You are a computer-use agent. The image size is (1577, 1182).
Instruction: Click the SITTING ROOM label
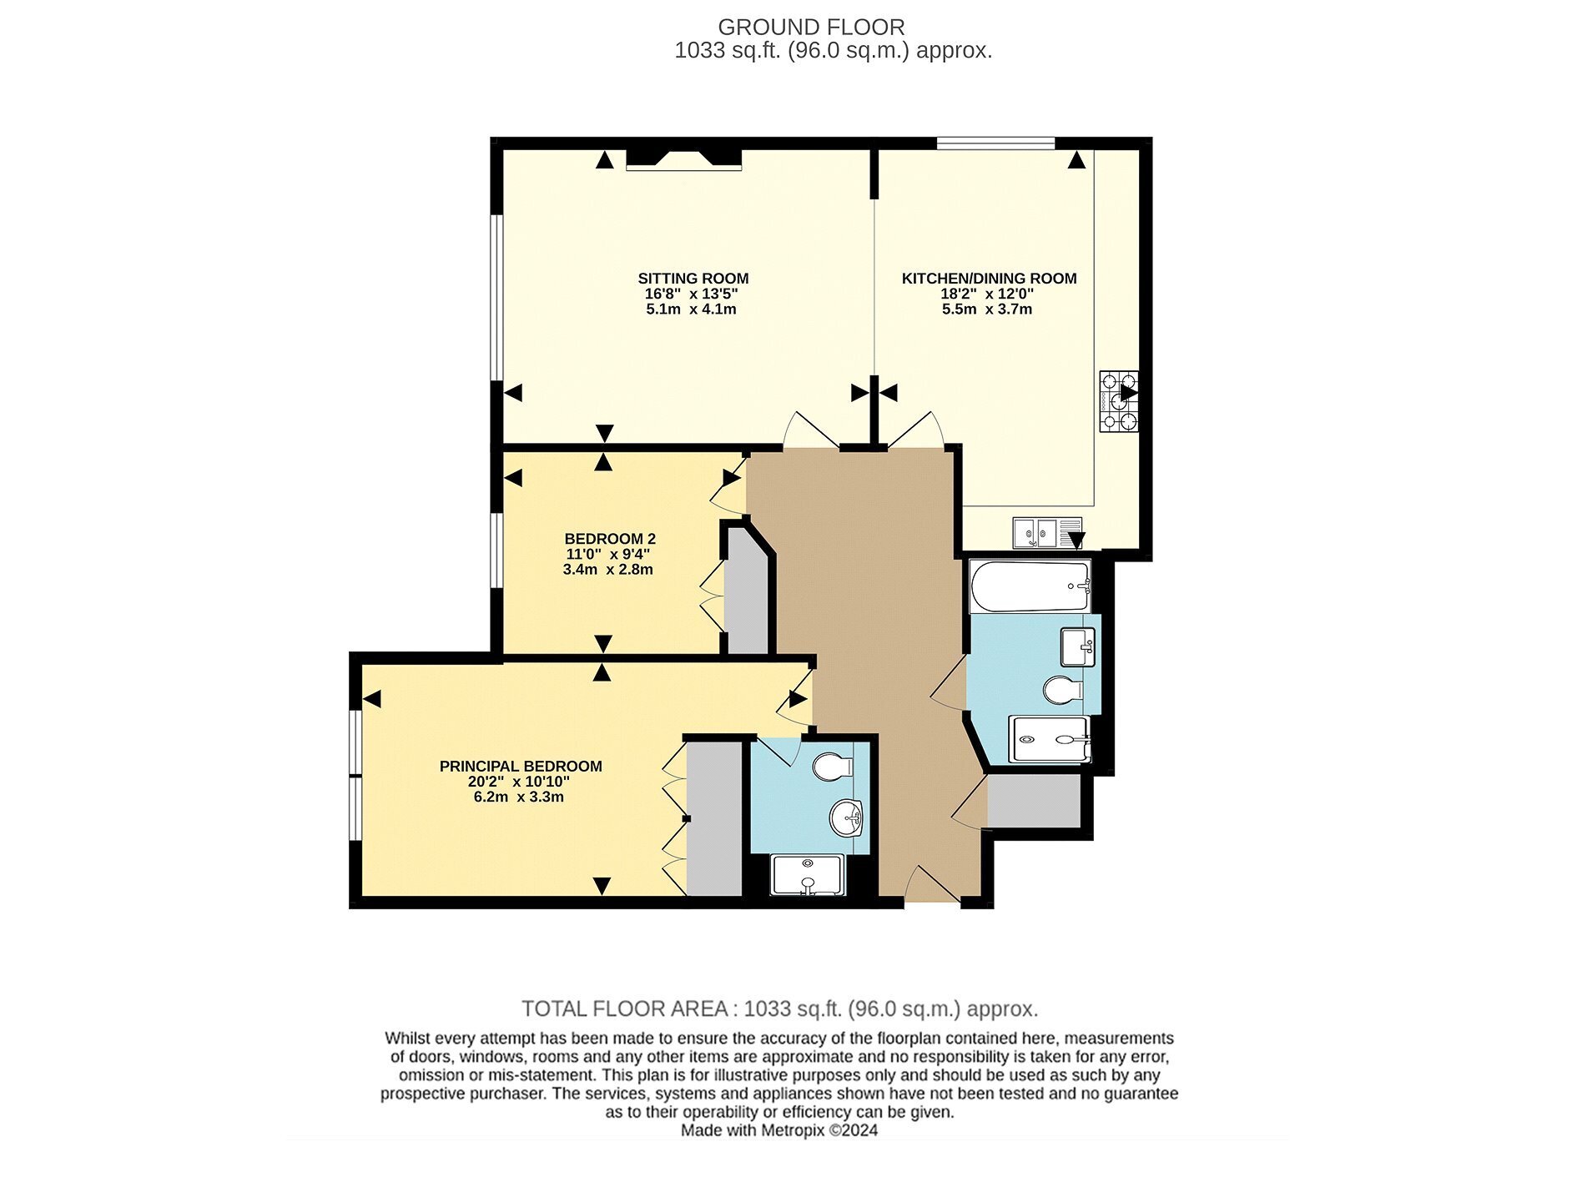tap(693, 279)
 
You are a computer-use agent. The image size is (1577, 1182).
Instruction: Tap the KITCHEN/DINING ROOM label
tap(989, 279)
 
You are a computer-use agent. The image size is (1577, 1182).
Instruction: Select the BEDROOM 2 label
tap(610, 539)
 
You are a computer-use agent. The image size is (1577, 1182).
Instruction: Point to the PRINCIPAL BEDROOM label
tap(521, 766)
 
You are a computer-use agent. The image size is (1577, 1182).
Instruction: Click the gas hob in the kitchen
tap(1119, 401)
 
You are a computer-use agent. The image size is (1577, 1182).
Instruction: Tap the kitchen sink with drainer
tap(1048, 532)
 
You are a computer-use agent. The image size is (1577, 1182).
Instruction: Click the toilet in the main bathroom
tap(1063, 691)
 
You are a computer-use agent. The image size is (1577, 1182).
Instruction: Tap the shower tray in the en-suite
tap(808, 875)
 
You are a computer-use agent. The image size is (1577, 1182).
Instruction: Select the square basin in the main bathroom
tap(1077, 647)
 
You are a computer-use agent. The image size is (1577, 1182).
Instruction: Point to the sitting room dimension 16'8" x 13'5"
tap(691, 294)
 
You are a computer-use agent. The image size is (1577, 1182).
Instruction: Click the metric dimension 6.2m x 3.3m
tap(519, 797)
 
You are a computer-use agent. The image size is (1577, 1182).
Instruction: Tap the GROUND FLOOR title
tap(811, 28)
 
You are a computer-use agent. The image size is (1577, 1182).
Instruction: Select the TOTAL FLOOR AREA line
tap(780, 1009)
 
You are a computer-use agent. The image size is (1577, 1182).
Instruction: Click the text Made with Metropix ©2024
tap(779, 1131)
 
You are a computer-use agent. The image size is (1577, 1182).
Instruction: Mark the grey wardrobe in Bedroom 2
tap(747, 592)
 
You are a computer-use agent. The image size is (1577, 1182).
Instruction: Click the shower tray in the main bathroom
tap(1050, 739)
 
